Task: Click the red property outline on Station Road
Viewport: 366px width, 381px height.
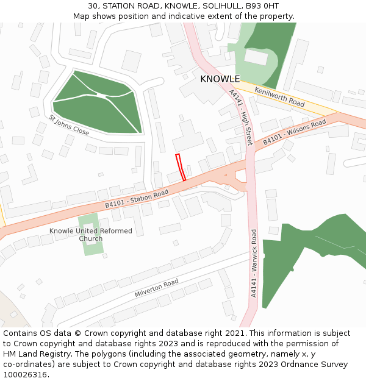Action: (x=181, y=167)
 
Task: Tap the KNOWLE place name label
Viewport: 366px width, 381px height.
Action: (x=220, y=79)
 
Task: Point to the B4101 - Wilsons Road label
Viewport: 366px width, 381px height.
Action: (x=295, y=132)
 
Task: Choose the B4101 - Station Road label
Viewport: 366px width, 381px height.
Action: (x=137, y=199)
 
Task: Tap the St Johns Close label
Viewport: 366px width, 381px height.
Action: (x=69, y=125)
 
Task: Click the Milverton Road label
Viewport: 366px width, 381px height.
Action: (x=156, y=288)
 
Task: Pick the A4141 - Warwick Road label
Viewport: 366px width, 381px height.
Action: (x=254, y=263)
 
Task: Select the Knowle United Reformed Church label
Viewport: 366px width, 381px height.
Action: (x=90, y=235)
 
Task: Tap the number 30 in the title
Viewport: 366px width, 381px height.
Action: (x=93, y=5)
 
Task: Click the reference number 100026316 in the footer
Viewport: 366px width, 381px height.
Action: (x=24, y=374)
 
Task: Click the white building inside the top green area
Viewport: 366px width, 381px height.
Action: (x=256, y=57)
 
